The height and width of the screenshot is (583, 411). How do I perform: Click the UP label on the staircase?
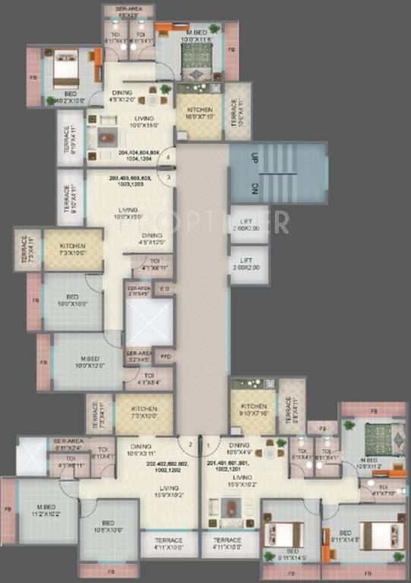point(255,158)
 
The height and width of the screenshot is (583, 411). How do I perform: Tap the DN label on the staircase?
point(255,190)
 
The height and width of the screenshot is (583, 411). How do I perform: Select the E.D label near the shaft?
point(165,289)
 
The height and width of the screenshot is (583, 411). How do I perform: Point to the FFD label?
point(165,355)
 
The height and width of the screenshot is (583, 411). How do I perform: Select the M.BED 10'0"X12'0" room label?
point(82,361)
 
